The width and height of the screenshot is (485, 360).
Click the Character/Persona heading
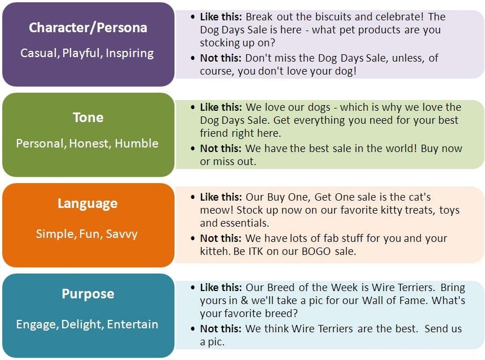(x=88, y=27)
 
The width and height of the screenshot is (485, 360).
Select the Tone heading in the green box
(x=88, y=118)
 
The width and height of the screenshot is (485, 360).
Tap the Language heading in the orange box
(x=88, y=203)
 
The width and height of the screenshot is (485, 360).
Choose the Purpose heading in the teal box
(x=88, y=294)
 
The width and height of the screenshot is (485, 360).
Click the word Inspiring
(x=130, y=53)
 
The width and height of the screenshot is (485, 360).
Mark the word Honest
(x=90, y=144)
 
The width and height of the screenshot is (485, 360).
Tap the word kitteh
(x=216, y=251)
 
